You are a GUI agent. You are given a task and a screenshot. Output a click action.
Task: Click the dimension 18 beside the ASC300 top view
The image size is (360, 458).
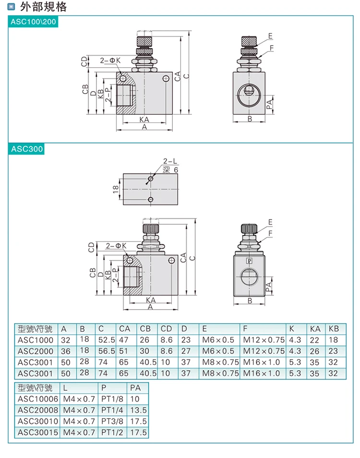click(116, 189)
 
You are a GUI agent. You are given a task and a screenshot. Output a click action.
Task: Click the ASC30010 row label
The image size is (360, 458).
click(37, 422)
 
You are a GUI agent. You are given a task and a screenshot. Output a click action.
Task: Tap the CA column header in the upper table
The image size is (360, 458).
click(125, 329)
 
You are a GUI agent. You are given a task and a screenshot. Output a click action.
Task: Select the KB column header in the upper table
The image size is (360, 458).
click(333, 329)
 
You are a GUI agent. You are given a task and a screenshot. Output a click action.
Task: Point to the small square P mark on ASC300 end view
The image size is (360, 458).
click(249, 261)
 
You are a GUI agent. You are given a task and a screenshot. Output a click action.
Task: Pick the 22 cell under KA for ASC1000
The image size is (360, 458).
click(315, 340)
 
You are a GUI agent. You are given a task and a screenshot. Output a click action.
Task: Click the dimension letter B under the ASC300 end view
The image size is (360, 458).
click(250, 301)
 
